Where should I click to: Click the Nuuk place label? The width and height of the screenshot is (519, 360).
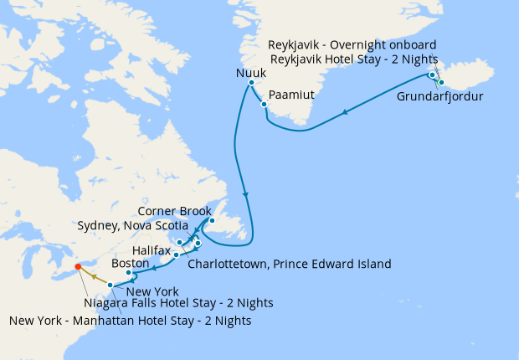[x=252, y=74]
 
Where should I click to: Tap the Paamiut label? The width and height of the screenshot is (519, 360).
[x=292, y=95]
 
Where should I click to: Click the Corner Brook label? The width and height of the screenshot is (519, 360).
[x=174, y=212]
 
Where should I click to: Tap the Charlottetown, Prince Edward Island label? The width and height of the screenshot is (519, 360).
[x=290, y=264]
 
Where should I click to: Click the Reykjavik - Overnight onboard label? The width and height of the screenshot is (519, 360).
[x=352, y=44]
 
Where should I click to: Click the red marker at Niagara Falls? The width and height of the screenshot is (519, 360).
[x=78, y=267]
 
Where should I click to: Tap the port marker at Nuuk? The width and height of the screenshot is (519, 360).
[x=251, y=83]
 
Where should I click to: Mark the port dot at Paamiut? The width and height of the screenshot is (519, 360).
[x=264, y=105]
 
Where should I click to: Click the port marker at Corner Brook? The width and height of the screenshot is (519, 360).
[x=212, y=221]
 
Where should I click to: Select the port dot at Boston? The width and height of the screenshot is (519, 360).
[x=128, y=273]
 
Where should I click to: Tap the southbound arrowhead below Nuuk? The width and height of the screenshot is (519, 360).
[x=245, y=194]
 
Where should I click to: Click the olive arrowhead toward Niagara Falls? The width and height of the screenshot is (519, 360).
[x=95, y=275]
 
